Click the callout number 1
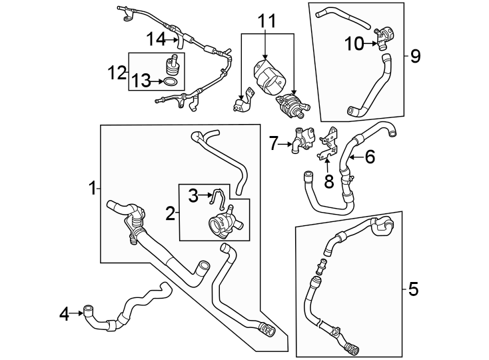[93, 189]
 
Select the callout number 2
[171, 213]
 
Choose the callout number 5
[413, 289]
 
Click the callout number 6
[370, 157]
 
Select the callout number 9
[415, 55]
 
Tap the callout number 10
[353, 43]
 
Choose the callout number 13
[141, 82]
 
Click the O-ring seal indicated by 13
[171, 82]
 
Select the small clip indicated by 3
[214, 195]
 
